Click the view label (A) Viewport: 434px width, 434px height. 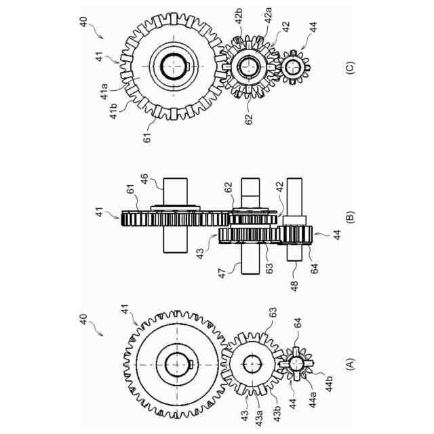pos(350,365)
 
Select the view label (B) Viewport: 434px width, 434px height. pos(350,217)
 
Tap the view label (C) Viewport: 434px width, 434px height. pos(350,67)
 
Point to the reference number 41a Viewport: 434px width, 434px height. pos(104,91)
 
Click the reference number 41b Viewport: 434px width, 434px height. pos(113,111)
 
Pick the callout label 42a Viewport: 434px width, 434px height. pos(268,16)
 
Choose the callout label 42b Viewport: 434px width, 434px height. pos(239,16)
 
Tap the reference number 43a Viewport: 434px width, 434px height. pos(259,418)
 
